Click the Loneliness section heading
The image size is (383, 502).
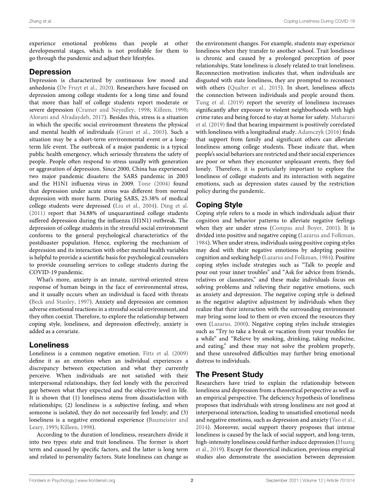click(x=49, y=345)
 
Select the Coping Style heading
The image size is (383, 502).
click(x=219, y=205)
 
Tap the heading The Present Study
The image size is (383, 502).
click(x=229, y=374)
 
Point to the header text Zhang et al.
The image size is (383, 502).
click(x=40, y=21)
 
